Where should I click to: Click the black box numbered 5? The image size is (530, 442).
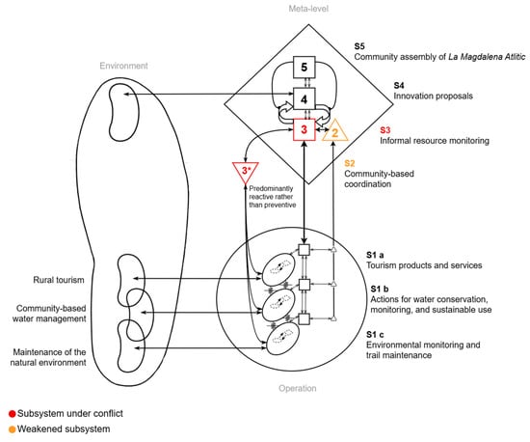tap(305, 68)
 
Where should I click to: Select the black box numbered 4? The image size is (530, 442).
tap(305, 98)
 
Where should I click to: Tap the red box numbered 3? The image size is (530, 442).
tap(305, 129)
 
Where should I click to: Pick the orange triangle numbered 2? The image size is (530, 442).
tap(334, 131)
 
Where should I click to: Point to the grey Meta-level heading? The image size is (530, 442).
tap(308, 9)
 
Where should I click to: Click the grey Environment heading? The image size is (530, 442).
tap(123, 66)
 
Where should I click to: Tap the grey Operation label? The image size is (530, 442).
tap(298, 388)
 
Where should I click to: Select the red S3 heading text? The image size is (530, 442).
tap(385, 130)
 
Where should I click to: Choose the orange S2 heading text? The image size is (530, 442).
tap(350, 163)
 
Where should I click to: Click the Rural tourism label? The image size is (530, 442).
tap(59, 280)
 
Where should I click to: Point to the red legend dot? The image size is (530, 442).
tap(13, 414)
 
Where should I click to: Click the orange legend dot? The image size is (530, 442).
tap(13, 429)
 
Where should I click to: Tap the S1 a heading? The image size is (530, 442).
tap(375, 255)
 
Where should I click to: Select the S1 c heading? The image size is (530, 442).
tap(375, 334)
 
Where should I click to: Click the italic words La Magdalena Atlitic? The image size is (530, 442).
tap(487, 57)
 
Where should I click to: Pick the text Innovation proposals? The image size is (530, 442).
tap(433, 97)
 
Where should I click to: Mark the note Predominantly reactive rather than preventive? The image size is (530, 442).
tap(273, 197)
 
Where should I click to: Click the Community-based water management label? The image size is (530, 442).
tap(49, 314)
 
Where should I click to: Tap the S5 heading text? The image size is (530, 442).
tap(359, 46)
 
